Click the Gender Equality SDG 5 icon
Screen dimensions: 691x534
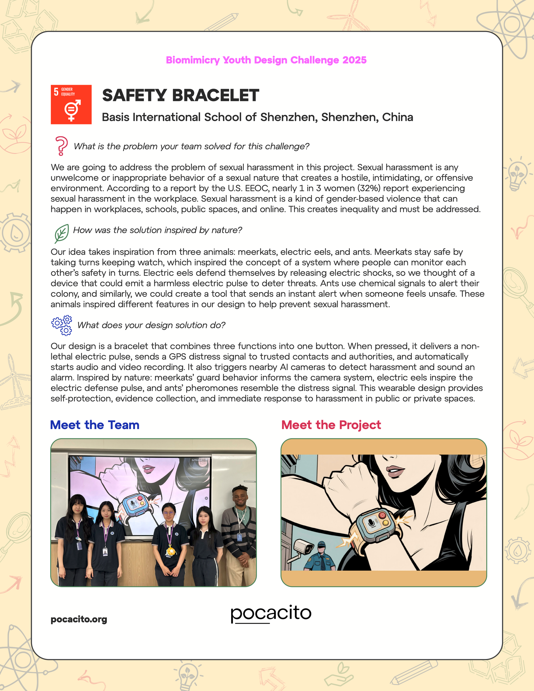(71, 104)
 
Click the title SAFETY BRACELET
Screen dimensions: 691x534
(181, 96)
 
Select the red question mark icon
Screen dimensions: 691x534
(61, 146)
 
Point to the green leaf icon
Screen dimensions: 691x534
(61, 234)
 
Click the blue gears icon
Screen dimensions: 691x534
(62, 325)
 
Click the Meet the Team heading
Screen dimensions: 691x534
(95, 425)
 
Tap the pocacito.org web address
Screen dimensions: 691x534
(79, 619)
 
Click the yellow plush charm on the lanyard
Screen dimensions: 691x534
(171, 551)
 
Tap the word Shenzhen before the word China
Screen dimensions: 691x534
(350, 117)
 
